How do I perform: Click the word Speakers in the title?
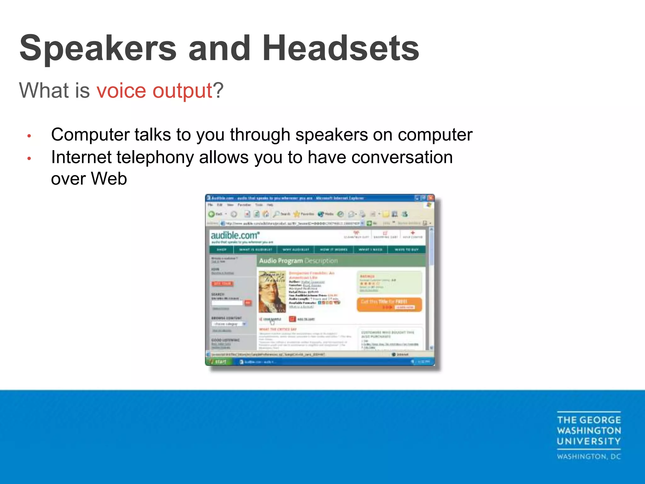[x=98, y=49]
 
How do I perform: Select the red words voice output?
[x=154, y=91]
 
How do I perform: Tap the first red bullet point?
[x=29, y=136]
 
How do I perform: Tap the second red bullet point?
[x=29, y=158]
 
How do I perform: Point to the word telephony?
[x=155, y=158]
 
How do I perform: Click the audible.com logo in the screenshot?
[x=235, y=235]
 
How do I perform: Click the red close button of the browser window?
[x=431, y=198]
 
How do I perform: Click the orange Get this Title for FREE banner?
[x=389, y=304]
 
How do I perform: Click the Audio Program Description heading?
[x=298, y=261]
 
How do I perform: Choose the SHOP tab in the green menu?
[x=221, y=250]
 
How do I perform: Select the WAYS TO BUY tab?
[x=407, y=250]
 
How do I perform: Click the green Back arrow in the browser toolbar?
[x=212, y=214]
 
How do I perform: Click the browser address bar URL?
[x=291, y=223]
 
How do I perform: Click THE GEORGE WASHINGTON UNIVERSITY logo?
[x=589, y=431]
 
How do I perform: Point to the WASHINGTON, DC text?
[x=589, y=457]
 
